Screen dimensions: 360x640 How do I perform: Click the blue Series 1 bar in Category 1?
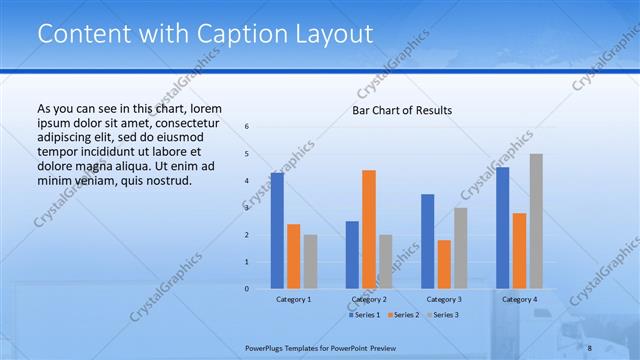click(x=277, y=231)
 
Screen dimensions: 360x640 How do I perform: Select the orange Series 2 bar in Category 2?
click(x=369, y=229)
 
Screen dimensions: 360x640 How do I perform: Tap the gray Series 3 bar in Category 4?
click(x=536, y=221)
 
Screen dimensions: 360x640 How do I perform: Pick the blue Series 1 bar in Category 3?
click(x=428, y=241)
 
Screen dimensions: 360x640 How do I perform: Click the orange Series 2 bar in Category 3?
click(x=444, y=264)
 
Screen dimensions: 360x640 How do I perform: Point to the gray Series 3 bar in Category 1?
click(x=310, y=262)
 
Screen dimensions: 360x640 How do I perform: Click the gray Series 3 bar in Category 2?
click(x=385, y=262)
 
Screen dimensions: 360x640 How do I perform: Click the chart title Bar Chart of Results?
click(x=402, y=110)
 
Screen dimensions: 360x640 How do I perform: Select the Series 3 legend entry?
click(x=441, y=315)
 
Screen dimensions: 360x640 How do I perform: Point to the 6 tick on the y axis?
click(x=247, y=127)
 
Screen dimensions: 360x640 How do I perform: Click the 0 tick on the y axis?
click(x=247, y=289)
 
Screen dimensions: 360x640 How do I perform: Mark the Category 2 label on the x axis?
click(x=368, y=299)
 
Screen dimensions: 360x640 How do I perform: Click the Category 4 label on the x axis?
click(x=519, y=299)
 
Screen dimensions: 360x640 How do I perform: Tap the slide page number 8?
click(x=589, y=347)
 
